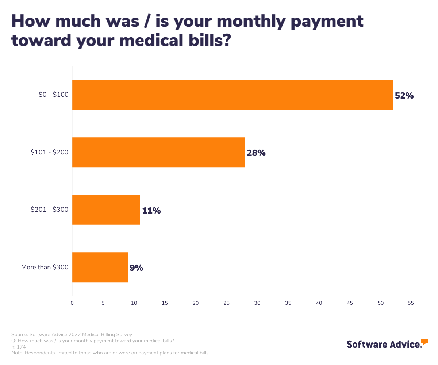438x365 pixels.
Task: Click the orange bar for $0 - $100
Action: click(x=232, y=95)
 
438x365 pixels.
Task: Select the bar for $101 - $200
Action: click(x=158, y=152)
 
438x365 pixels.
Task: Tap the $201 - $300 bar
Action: click(x=106, y=210)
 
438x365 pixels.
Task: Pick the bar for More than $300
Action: click(x=100, y=267)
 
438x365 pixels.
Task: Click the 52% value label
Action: click(x=404, y=96)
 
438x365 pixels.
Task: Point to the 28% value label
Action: click(x=256, y=153)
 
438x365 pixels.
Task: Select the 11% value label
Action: click(x=151, y=211)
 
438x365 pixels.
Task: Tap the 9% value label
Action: click(x=136, y=268)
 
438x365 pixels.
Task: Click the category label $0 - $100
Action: click(x=54, y=95)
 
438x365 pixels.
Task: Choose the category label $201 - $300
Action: click(x=50, y=210)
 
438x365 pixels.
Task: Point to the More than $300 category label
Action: click(x=45, y=267)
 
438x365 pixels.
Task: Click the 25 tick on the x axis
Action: click(x=226, y=303)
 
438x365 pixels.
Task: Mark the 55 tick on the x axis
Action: click(x=411, y=303)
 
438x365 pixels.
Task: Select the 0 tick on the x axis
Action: click(x=72, y=303)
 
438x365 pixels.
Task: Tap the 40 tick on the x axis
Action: click(x=319, y=303)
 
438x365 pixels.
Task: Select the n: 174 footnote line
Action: click(x=19, y=347)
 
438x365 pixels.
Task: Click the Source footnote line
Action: click(x=72, y=334)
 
